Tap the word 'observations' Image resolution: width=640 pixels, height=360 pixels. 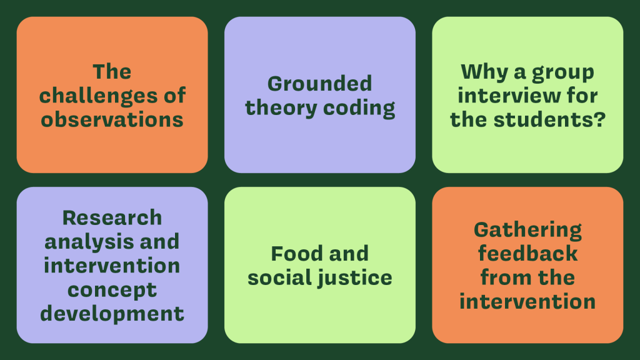point(112,119)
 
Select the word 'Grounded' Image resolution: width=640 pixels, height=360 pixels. point(319,84)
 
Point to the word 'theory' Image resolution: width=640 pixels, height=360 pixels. point(281,109)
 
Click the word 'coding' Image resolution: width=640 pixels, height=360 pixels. point(359,109)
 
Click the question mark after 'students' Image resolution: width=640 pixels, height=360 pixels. point(600,119)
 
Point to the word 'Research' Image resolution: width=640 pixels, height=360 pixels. point(112,217)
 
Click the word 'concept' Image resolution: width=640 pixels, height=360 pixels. point(112,291)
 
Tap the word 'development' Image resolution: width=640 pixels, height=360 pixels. point(112,314)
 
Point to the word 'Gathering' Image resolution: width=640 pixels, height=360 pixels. point(527,231)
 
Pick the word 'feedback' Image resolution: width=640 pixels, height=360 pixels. point(527,254)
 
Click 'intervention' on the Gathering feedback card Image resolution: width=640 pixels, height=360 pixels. point(527,302)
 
